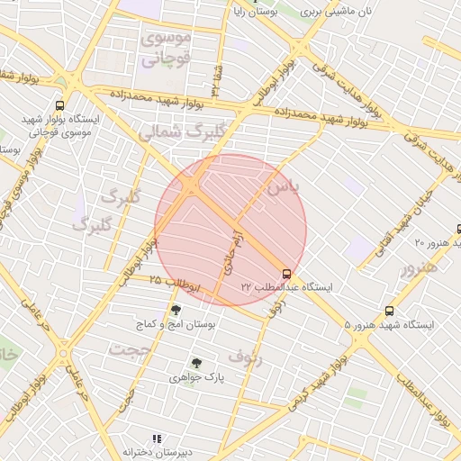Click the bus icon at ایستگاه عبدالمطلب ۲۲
tap(286, 273)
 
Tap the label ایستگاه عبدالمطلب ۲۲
tap(286, 286)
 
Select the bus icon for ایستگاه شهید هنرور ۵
tap(389, 310)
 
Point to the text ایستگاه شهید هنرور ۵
tap(389, 324)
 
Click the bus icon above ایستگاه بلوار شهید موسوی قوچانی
tap(59, 104)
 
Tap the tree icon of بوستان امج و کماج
tap(175, 310)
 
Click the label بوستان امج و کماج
tap(175, 323)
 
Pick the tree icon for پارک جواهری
tap(196, 363)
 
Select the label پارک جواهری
tap(196, 378)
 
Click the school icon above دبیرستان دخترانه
tap(158, 438)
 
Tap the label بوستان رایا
tap(251, 11)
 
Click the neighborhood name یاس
tap(281, 186)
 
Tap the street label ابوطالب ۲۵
tap(175, 282)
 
